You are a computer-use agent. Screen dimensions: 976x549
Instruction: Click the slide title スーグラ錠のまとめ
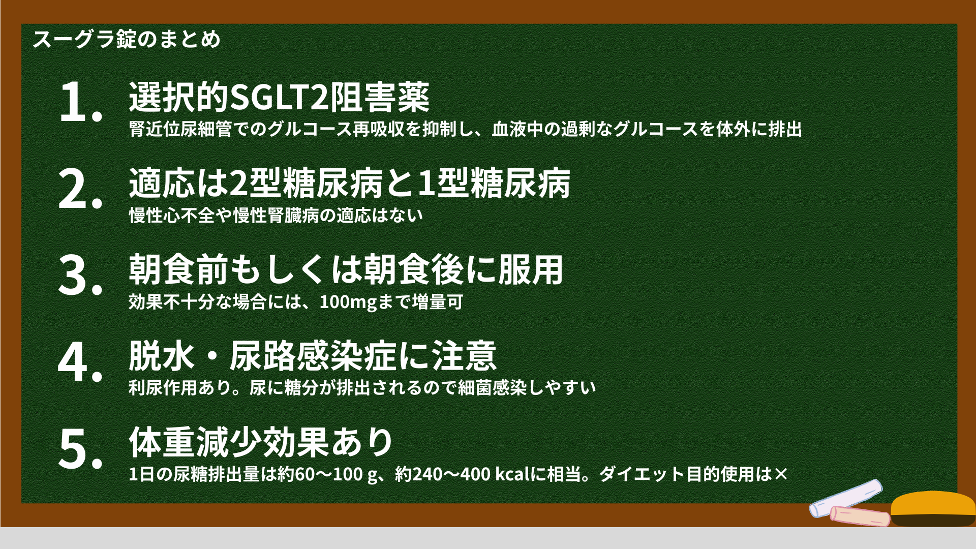click(127, 39)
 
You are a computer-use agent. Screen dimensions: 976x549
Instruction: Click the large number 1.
click(81, 102)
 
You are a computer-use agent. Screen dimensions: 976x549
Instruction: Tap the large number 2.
click(81, 189)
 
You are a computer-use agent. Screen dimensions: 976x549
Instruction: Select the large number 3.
click(81, 275)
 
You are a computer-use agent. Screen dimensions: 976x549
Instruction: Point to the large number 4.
click(81, 361)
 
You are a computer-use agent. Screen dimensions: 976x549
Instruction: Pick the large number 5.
click(81, 448)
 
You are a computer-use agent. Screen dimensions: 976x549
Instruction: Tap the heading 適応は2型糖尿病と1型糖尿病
click(350, 183)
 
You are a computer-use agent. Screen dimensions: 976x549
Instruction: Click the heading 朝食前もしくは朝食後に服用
click(346, 269)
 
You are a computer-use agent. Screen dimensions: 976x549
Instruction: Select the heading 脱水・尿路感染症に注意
click(313, 356)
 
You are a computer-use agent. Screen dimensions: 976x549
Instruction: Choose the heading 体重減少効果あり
click(261, 442)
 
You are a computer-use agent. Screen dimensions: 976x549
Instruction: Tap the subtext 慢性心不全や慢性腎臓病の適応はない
click(276, 216)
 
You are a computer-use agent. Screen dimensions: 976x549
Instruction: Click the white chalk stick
click(845, 498)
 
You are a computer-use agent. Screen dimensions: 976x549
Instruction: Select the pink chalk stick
click(860, 516)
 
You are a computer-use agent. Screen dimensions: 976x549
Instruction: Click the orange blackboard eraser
click(933, 508)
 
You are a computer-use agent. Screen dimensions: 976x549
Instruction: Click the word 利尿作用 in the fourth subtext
click(163, 388)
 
